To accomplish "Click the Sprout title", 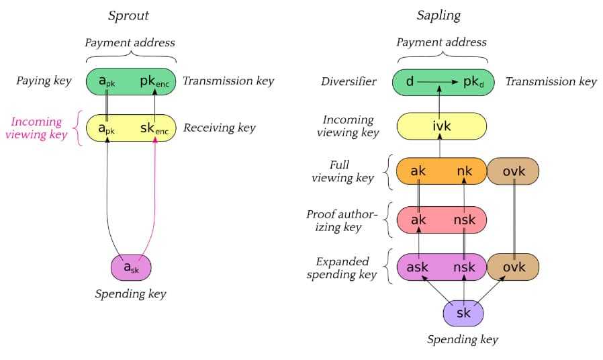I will click(130, 15).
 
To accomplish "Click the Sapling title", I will click(441, 15).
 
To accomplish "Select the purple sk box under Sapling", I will click(463, 314).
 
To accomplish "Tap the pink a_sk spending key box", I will click(131, 267).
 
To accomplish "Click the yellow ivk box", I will click(441, 126).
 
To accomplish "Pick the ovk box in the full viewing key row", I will click(514, 171).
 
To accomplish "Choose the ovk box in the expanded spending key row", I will click(514, 267).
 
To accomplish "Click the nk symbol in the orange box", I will click(464, 171).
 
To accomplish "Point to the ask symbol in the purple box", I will click(418, 267).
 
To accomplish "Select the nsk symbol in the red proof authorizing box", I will click(464, 220).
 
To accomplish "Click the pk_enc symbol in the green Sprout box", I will click(155, 81).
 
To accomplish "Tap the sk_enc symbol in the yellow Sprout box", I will click(155, 128).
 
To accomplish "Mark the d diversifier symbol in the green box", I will click(410, 81).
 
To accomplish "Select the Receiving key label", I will click(220, 128).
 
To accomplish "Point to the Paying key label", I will click(44, 81).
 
